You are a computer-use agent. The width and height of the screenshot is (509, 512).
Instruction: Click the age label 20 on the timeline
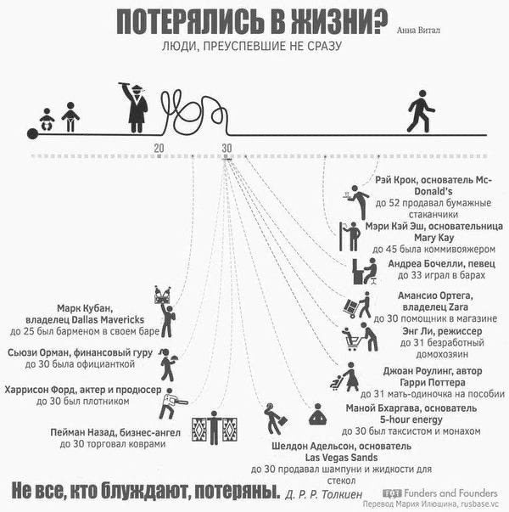[159, 149]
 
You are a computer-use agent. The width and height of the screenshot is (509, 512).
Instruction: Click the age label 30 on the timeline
[227, 149]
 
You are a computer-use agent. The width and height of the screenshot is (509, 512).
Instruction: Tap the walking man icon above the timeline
[421, 111]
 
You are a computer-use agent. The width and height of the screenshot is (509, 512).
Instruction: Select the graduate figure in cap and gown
[134, 108]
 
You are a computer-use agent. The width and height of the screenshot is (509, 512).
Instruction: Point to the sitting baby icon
[47, 120]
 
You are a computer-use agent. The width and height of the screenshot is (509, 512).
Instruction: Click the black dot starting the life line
[32, 134]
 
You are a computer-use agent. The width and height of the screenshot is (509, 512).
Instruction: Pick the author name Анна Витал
[418, 31]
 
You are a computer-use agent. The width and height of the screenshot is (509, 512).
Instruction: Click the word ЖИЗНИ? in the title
[339, 22]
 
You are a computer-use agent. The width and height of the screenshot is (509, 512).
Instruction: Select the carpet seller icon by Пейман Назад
[215, 428]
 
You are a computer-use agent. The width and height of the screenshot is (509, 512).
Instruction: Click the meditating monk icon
[318, 414]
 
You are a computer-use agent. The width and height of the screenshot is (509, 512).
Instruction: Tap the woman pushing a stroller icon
[345, 377]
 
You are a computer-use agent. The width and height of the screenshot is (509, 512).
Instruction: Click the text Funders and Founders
[450, 492]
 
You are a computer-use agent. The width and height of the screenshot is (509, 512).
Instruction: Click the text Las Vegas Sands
[341, 458]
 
